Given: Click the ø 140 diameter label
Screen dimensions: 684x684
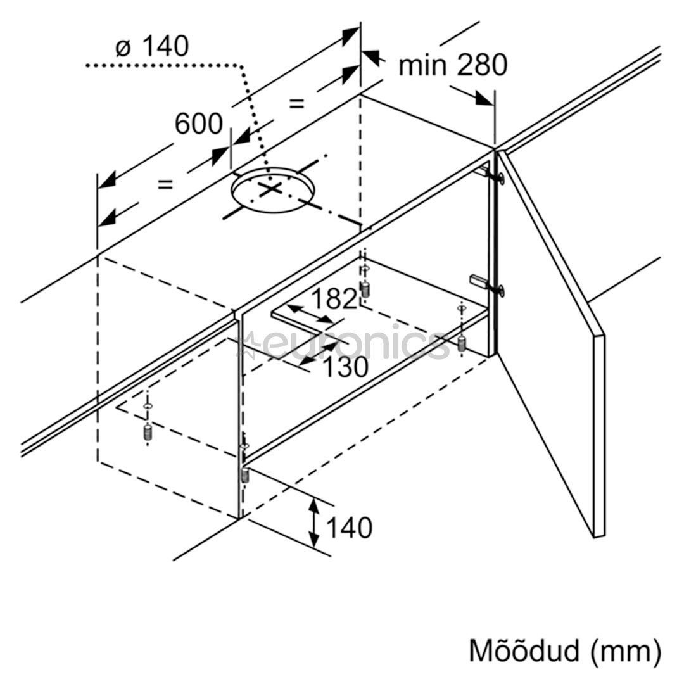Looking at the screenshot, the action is [152, 46].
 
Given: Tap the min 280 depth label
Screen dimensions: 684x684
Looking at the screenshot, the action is [453, 65].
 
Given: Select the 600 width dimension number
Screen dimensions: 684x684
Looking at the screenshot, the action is [198, 123].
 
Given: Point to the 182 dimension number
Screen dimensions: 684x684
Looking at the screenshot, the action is [334, 299].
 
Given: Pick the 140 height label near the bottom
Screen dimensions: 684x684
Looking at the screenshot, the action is [349, 528].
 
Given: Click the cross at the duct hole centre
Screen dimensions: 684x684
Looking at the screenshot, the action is [270, 189].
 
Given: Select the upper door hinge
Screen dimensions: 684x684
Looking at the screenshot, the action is [491, 174].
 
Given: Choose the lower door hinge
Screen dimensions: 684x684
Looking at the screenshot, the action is [488, 284].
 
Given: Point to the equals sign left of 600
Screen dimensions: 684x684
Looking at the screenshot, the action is [165, 184].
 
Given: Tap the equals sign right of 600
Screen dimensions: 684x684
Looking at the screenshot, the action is [296, 104].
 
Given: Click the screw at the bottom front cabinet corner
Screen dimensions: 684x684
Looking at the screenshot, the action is [244, 474].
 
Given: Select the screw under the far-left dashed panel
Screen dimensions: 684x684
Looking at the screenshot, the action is [148, 433].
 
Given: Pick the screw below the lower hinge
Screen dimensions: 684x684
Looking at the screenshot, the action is [461, 343].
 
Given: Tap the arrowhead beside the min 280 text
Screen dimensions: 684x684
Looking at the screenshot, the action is [484, 99].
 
